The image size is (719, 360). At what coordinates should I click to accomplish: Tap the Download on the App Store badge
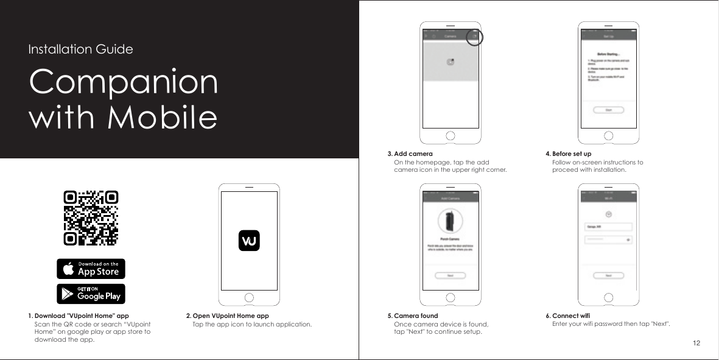[x=91, y=269]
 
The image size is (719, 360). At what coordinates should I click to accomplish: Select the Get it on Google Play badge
[x=91, y=294]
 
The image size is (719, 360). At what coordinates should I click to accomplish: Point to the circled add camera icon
[x=474, y=37]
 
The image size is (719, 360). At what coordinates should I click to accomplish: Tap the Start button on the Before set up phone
[x=608, y=110]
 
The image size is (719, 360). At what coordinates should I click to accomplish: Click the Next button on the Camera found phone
[x=449, y=275]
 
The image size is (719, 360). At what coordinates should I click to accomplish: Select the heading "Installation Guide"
[x=80, y=49]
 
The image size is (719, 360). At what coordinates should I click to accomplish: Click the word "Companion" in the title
[x=123, y=83]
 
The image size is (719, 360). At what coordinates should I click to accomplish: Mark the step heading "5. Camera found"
[x=413, y=316]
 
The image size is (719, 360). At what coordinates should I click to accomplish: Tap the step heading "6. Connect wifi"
[x=567, y=316]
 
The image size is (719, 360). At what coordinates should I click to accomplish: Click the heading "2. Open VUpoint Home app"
[x=227, y=316]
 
